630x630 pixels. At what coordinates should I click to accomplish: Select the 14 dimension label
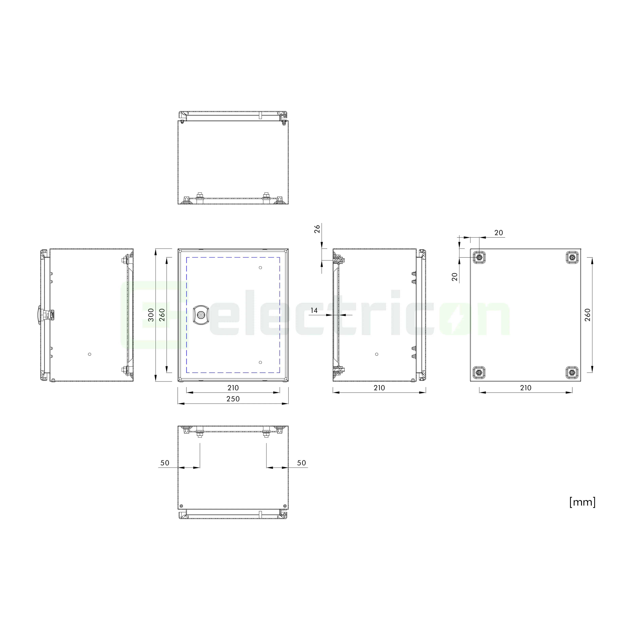[x=314, y=310]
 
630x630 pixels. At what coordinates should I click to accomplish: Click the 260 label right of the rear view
[x=588, y=315]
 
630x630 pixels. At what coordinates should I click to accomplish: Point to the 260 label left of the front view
[x=162, y=315]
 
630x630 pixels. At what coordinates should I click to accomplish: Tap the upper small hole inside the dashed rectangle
[x=260, y=268]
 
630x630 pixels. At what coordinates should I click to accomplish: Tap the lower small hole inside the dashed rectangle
[x=260, y=362]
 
